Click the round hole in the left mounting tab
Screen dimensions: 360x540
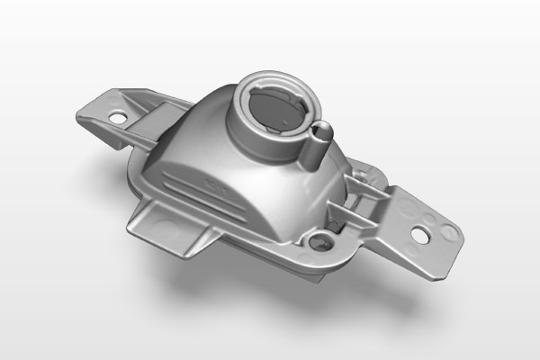(115, 116)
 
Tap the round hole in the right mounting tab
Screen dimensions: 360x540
(419, 231)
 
